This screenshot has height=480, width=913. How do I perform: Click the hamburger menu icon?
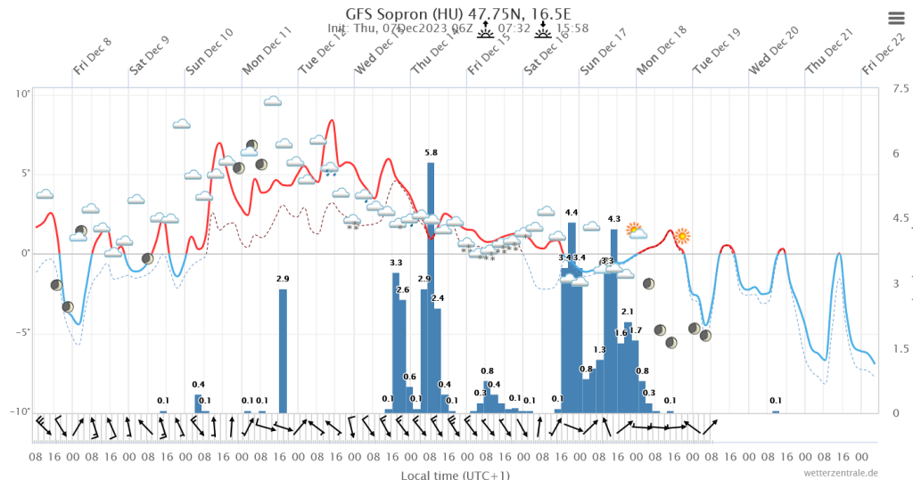coord(896,18)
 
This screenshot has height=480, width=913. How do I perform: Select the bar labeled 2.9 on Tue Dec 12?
coord(283,350)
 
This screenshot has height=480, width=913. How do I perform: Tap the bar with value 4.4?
coord(572,317)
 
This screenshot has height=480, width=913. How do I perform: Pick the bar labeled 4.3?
coord(614,321)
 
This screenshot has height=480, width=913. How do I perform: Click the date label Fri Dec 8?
coord(93,56)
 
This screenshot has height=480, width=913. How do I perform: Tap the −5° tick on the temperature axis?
coord(21,333)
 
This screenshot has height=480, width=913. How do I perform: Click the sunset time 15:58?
coord(572,28)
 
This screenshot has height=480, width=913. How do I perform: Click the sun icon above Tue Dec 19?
coord(682,236)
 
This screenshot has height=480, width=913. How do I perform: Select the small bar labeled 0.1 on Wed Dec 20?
coord(776,411)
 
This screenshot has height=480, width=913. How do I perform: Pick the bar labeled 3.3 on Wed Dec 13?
coord(396,342)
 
